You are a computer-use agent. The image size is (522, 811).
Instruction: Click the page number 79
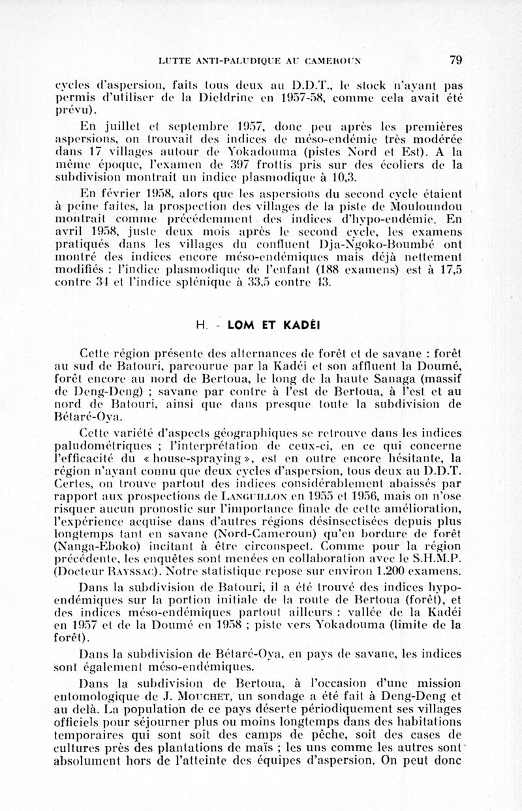(x=455, y=60)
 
